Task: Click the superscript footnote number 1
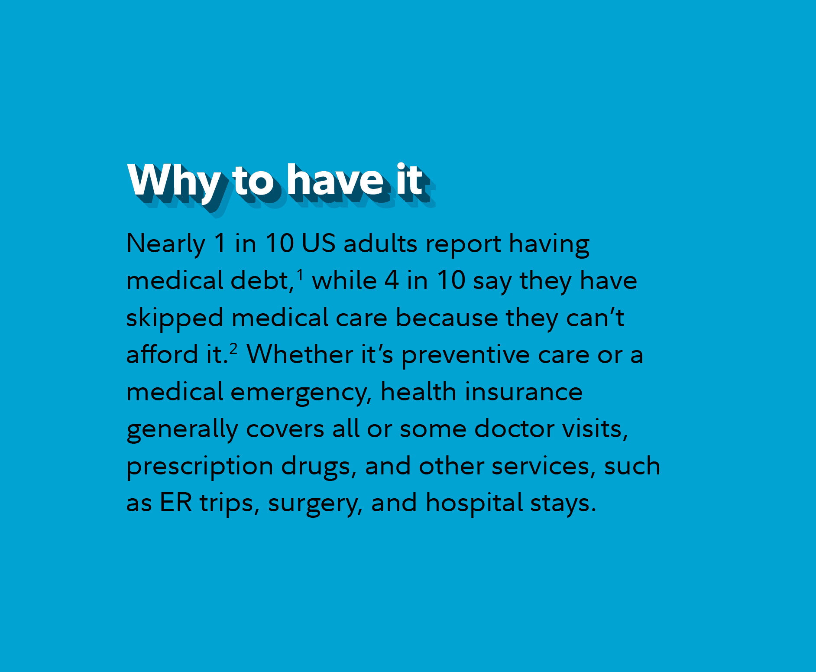click(300, 275)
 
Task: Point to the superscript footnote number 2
click(233, 349)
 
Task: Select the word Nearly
click(166, 244)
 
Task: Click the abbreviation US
click(318, 243)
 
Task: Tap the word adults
click(380, 243)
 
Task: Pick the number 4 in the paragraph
click(392, 280)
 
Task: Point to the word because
click(447, 318)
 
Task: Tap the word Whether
click(300, 354)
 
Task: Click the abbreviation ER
click(176, 503)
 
